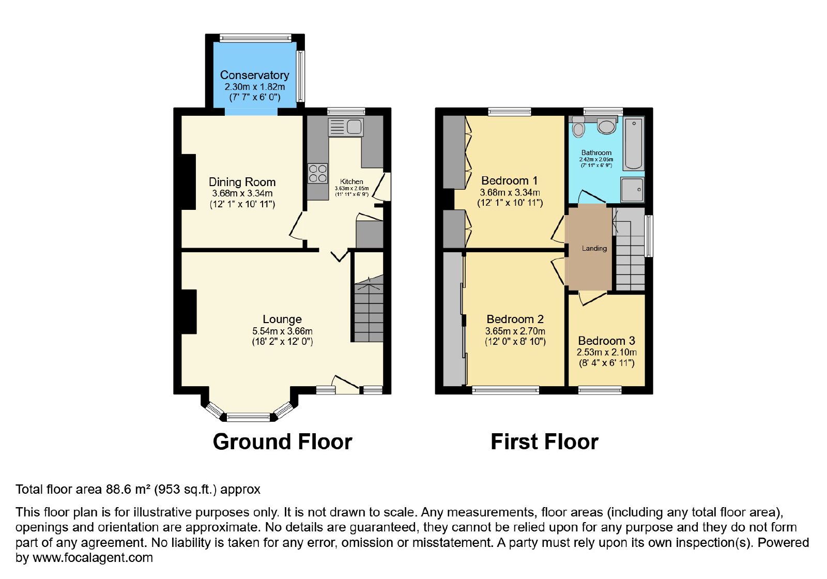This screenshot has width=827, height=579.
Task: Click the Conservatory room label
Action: click(x=254, y=75)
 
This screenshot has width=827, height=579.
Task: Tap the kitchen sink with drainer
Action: click(x=346, y=127)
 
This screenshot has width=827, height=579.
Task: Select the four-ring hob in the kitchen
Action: click(x=318, y=174)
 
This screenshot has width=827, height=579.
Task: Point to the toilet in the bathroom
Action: click(x=578, y=127)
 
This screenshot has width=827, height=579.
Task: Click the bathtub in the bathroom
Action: click(x=634, y=144)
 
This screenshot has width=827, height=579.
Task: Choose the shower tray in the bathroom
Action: click(x=633, y=190)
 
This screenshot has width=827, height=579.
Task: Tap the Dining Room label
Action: click(x=242, y=182)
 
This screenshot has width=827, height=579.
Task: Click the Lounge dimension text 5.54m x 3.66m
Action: click(x=282, y=331)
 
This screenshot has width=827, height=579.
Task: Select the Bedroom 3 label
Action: click(x=607, y=341)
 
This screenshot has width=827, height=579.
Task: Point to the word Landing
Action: click(x=594, y=249)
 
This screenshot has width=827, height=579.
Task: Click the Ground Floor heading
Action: click(x=282, y=441)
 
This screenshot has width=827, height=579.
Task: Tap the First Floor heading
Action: click(x=545, y=441)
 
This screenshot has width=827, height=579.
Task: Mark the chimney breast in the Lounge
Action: click(x=189, y=312)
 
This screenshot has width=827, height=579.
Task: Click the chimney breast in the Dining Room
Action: click(x=188, y=181)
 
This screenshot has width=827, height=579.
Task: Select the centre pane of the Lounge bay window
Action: click(x=249, y=418)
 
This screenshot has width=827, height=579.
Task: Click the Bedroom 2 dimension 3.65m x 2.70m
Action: click(x=515, y=331)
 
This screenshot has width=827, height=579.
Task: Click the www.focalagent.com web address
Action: click(x=93, y=557)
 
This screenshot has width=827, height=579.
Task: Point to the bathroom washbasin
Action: click(x=606, y=126)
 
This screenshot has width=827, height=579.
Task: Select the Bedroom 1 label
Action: click(x=510, y=180)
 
